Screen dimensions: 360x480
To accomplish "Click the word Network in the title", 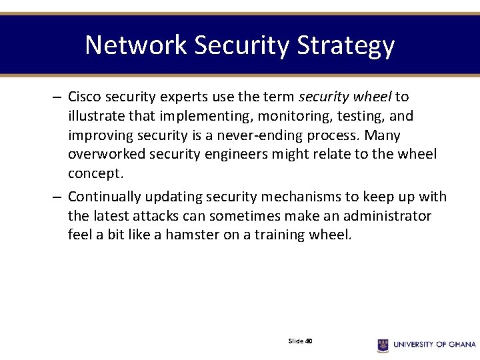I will point(136,45).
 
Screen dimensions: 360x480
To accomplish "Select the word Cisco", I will point(85,97).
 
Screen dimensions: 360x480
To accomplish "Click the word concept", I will point(95,174).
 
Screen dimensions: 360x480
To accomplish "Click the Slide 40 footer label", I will point(300,341).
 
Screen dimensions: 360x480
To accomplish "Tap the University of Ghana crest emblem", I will point(383,345).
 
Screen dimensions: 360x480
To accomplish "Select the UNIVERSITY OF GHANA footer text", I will point(434,345).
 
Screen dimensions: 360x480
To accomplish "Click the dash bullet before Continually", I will point(58,197).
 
